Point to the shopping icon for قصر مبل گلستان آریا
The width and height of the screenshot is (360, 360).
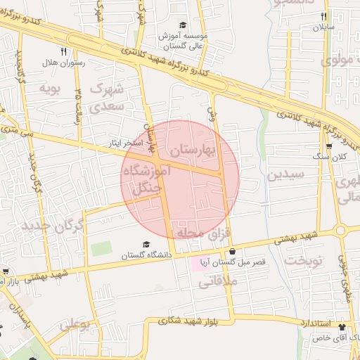pyautogui.click(x=232, y=251)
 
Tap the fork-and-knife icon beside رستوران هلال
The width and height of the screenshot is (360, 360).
pyautogui.click(x=64, y=51)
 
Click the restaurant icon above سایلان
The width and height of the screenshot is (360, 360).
pyautogui.click(x=323, y=16)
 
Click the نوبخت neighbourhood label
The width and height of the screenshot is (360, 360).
pyautogui.click(x=303, y=261)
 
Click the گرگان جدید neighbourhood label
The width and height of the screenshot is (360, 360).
pyautogui.click(x=52, y=226)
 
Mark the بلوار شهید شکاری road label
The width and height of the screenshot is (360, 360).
pyautogui.click(x=211, y=321)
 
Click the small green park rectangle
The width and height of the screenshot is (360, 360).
pyautogui.click(x=101, y=248)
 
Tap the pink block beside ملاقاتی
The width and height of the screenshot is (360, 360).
pyautogui.click(x=200, y=266)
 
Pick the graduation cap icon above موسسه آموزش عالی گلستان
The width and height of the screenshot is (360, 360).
pyautogui.click(x=183, y=25)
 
